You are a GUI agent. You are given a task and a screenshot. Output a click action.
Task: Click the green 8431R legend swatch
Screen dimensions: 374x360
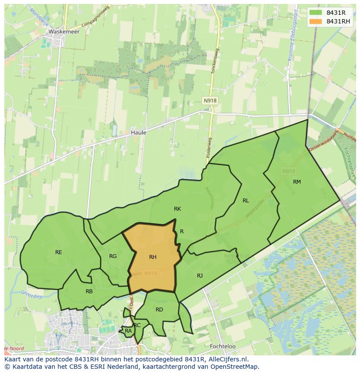click(x=316, y=13)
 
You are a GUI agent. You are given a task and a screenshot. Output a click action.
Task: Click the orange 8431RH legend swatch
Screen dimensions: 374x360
click(x=316, y=21)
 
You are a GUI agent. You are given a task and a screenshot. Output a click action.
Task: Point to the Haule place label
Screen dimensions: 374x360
click(x=138, y=132)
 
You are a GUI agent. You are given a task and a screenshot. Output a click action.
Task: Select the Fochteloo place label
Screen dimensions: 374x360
click(x=222, y=346)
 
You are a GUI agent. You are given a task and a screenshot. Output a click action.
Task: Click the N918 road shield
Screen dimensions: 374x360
click(x=210, y=101)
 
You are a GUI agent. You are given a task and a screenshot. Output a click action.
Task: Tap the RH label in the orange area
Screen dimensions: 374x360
click(x=153, y=257)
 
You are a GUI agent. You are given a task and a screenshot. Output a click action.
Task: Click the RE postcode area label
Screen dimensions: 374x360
click(x=59, y=252)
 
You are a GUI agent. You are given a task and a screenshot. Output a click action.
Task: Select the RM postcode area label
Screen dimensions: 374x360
click(x=297, y=182)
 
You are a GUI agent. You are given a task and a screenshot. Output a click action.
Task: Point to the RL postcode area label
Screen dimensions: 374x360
click(x=246, y=200)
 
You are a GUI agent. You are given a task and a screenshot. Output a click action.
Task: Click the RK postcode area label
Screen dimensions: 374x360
click(x=177, y=209)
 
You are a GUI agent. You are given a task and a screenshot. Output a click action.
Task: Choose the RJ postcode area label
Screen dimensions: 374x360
click(x=200, y=275)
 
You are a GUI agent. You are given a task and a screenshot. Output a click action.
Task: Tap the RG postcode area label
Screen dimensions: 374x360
click(x=113, y=256)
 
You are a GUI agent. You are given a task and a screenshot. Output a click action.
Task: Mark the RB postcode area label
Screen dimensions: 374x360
click(x=89, y=291)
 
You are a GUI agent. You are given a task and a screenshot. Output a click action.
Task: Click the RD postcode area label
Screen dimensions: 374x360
click(x=159, y=309)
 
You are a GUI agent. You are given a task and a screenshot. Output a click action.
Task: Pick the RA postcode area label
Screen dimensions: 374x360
click(x=128, y=331)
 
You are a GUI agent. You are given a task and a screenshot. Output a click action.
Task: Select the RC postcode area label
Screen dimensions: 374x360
click(x=137, y=325)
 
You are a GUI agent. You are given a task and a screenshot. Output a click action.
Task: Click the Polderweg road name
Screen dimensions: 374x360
click(x=207, y=148)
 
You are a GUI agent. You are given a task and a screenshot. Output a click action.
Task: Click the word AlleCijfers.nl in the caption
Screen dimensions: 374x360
click(x=226, y=359)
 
